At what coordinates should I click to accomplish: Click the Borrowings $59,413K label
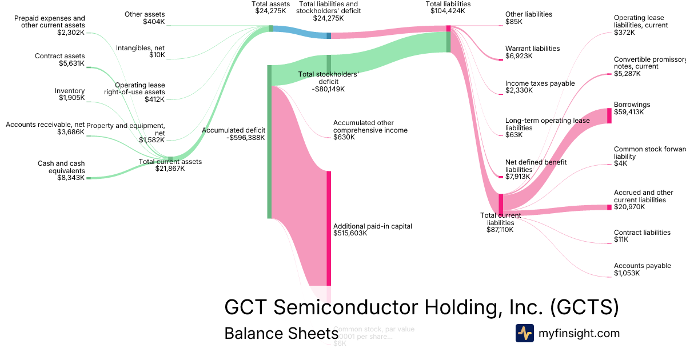coord(632,109)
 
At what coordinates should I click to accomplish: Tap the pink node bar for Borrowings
coord(609,115)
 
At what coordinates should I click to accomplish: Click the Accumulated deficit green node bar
coord(269,142)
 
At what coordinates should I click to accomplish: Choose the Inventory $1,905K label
coord(70,94)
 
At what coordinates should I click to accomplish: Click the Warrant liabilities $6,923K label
coord(532,53)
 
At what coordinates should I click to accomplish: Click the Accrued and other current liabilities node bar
coord(609,207)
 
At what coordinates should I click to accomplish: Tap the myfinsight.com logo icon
coord(524,333)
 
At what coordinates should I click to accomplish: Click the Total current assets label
coord(170,165)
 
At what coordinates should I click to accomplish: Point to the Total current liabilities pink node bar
coord(501,203)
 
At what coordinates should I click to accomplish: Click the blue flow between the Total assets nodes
coord(300,32)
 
